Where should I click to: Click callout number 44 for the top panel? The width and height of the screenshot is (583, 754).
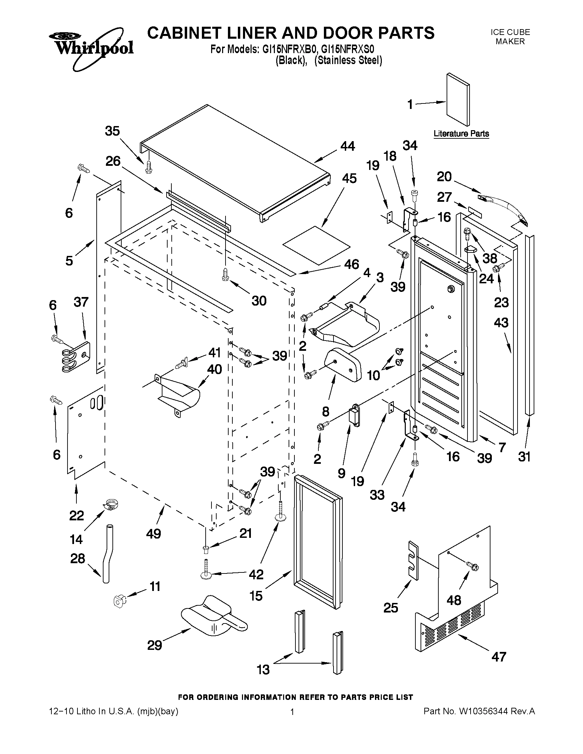(x=348, y=146)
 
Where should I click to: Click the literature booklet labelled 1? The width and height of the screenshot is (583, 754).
(x=457, y=100)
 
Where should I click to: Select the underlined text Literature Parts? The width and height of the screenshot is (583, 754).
(x=461, y=134)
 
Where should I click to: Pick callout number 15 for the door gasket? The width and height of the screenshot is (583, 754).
(x=256, y=595)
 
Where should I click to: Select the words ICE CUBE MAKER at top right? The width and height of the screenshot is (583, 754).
(x=510, y=37)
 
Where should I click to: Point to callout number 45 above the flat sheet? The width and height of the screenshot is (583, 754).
(x=349, y=178)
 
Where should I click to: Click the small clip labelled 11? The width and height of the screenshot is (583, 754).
(x=119, y=601)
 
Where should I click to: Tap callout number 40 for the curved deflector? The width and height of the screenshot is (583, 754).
(x=214, y=369)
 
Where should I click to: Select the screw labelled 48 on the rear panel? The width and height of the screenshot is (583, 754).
(x=473, y=566)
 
